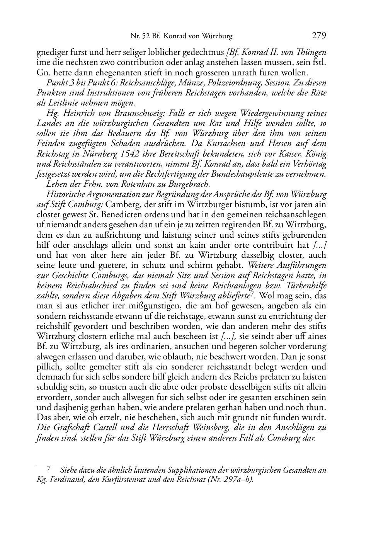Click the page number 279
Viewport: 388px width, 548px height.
[319, 36]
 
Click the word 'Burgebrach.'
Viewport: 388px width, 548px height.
[189, 184]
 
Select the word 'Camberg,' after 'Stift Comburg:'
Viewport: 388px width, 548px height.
[119, 204]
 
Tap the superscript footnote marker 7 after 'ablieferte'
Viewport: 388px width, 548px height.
[252, 294]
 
